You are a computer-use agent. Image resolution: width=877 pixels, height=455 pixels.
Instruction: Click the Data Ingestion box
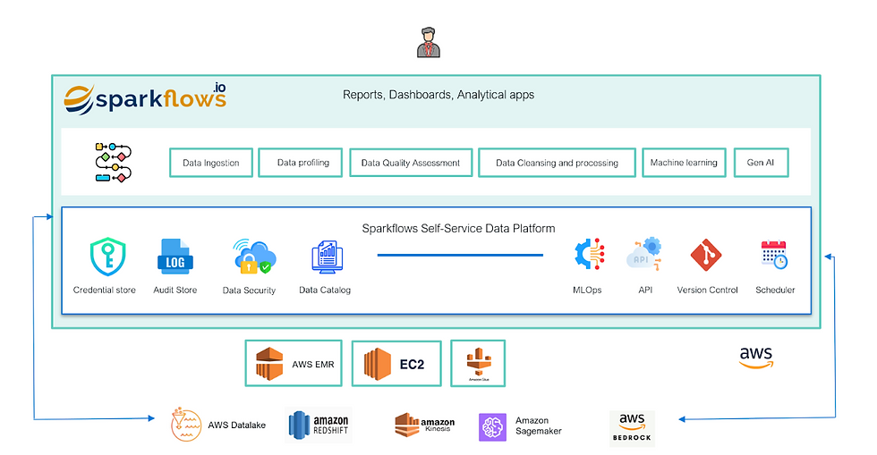click(x=211, y=163)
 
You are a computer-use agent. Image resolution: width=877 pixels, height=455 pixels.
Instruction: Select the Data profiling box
click(x=302, y=163)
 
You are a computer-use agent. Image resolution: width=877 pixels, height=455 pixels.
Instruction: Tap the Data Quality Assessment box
click(x=410, y=163)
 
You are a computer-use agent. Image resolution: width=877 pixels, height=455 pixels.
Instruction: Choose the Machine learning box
click(x=683, y=163)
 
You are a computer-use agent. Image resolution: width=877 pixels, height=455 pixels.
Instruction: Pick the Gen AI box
click(x=761, y=163)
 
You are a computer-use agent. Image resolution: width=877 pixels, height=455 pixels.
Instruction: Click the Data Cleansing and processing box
click(x=557, y=163)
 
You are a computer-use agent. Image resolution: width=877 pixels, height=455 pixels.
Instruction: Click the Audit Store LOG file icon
click(x=174, y=257)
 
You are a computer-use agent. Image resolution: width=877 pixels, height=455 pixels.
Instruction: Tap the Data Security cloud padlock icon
click(x=250, y=257)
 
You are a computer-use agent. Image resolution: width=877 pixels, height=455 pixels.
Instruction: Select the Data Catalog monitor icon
click(x=324, y=257)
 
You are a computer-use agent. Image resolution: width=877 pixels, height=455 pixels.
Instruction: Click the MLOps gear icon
click(x=589, y=256)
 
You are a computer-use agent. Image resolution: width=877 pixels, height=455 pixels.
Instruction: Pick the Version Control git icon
click(x=707, y=256)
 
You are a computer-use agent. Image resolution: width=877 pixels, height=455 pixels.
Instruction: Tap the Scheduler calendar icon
click(x=774, y=255)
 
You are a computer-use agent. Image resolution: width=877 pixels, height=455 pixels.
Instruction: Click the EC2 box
click(x=396, y=363)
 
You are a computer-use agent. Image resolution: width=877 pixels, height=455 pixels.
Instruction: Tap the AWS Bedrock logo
click(x=632, y=428)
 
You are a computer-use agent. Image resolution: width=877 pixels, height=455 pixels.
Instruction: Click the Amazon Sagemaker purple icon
click(x=493, y=427)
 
